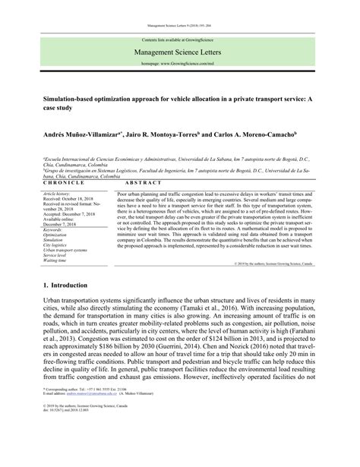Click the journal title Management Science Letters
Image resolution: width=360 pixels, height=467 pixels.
pos(179,53)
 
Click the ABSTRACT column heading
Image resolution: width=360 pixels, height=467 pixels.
pos(134,184)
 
